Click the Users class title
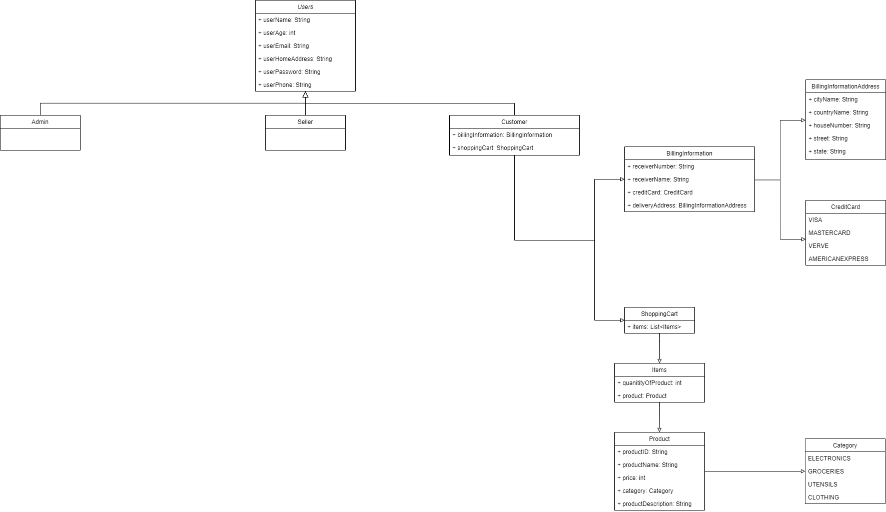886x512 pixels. coord(305,7)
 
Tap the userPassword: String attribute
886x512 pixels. coord(289,72)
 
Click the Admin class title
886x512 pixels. coord(40,122)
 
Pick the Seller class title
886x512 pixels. coord(305,122)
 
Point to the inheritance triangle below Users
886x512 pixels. coord(305,94)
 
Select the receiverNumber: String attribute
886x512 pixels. coord(661,166)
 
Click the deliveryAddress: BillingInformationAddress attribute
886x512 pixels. coord(687,205)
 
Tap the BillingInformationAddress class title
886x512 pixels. coord(845,86)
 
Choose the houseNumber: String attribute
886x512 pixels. coord(839,125)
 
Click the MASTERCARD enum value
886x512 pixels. coord(829,233)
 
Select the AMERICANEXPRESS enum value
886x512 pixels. coord(838,259)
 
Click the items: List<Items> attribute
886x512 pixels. coord(654,327)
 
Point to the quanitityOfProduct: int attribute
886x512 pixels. coord(649,383)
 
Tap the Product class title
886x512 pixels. coord(659,439)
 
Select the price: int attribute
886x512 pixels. coord(631,478)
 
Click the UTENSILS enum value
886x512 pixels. coord(822,484)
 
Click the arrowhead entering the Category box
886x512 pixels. coord(802,471)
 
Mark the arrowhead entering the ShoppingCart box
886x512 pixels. coord(622,320)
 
